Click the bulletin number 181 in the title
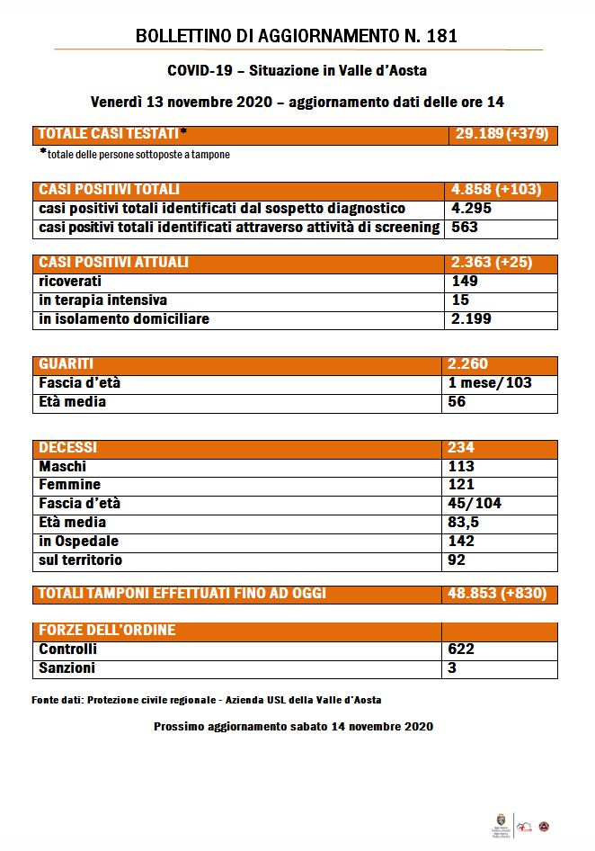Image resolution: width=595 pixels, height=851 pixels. click(441, 37)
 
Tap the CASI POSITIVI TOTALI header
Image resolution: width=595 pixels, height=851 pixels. click(110, 190)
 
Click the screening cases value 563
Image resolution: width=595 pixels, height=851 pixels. click(464, 228)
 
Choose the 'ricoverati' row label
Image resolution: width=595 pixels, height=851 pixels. click(70, 282)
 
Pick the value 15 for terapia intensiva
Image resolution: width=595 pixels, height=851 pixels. click(459, 300)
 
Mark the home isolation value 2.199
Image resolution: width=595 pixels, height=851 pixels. click(473, 319)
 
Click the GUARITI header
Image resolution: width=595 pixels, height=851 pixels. click(67, 364)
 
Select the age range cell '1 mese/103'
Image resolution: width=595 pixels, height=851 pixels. click(492, 383)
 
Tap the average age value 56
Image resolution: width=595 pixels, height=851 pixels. click(459, 402)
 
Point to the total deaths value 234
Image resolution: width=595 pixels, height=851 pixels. click(463, 448)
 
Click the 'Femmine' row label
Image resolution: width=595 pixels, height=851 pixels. click(70, 485)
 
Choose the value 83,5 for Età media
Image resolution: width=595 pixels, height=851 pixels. click(467, 523)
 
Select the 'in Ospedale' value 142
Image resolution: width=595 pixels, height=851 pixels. click(463, 542)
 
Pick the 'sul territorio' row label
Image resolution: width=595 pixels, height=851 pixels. click(81, 560)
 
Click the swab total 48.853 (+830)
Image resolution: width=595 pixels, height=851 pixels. click(497, 594)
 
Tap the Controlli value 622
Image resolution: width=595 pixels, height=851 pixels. click(463, 649)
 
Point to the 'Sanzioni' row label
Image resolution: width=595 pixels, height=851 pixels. click(67, 668)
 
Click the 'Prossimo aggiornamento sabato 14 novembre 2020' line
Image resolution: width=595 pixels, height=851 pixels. click(294, 726)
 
